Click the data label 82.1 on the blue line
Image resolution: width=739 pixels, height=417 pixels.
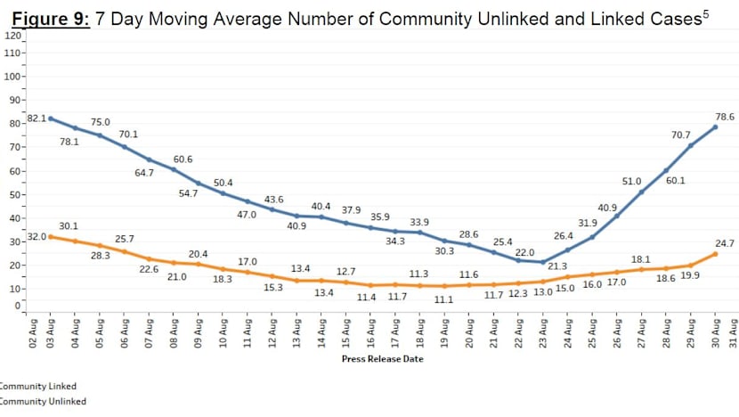tap(37, 118)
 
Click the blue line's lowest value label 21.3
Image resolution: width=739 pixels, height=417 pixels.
tap(557, 266)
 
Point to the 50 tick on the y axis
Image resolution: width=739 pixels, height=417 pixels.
tap(13, 194)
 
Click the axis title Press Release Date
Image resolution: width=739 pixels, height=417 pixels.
tap(382, 359)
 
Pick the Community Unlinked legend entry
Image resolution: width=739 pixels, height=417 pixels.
tap(43, 402)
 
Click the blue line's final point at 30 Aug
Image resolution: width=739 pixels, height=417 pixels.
tap(715, 127)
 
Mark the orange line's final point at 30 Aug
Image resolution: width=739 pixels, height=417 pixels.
tap(715, 254)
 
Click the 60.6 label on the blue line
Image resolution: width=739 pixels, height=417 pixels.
tap(183, 159)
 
